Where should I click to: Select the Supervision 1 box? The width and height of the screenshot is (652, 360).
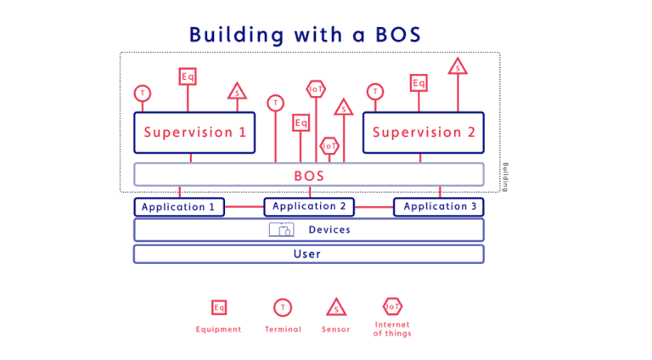tap(194, 132)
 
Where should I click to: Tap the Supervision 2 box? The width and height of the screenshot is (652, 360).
tap(423, 132)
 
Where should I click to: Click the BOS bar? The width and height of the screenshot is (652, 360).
tap(308, 176)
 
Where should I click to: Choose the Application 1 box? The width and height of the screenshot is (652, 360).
tap(179, 207)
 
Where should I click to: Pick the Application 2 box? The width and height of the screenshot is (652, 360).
tap(309, 206)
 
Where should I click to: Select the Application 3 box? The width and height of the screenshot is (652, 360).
tap(439, 206)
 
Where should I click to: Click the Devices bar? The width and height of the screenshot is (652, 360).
tap(308, 230)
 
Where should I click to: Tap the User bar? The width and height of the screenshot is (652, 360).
tap(308, 254)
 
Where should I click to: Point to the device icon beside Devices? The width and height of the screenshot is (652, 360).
tap(281, 230)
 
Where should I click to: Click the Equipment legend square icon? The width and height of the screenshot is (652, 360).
tap(219, 307)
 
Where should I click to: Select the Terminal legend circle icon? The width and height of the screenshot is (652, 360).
tap(282, 307)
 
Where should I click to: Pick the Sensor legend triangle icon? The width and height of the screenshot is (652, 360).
tap(336, 307)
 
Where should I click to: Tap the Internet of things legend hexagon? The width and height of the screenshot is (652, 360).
tap(392, 306)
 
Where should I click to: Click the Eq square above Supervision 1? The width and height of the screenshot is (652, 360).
tap(188, 76)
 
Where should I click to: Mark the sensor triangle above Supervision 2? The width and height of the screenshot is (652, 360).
tap(458, 66)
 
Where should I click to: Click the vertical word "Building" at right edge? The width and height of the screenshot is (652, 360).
tap(506, 177)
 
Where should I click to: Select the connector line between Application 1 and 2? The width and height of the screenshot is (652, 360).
tap(244, 206)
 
